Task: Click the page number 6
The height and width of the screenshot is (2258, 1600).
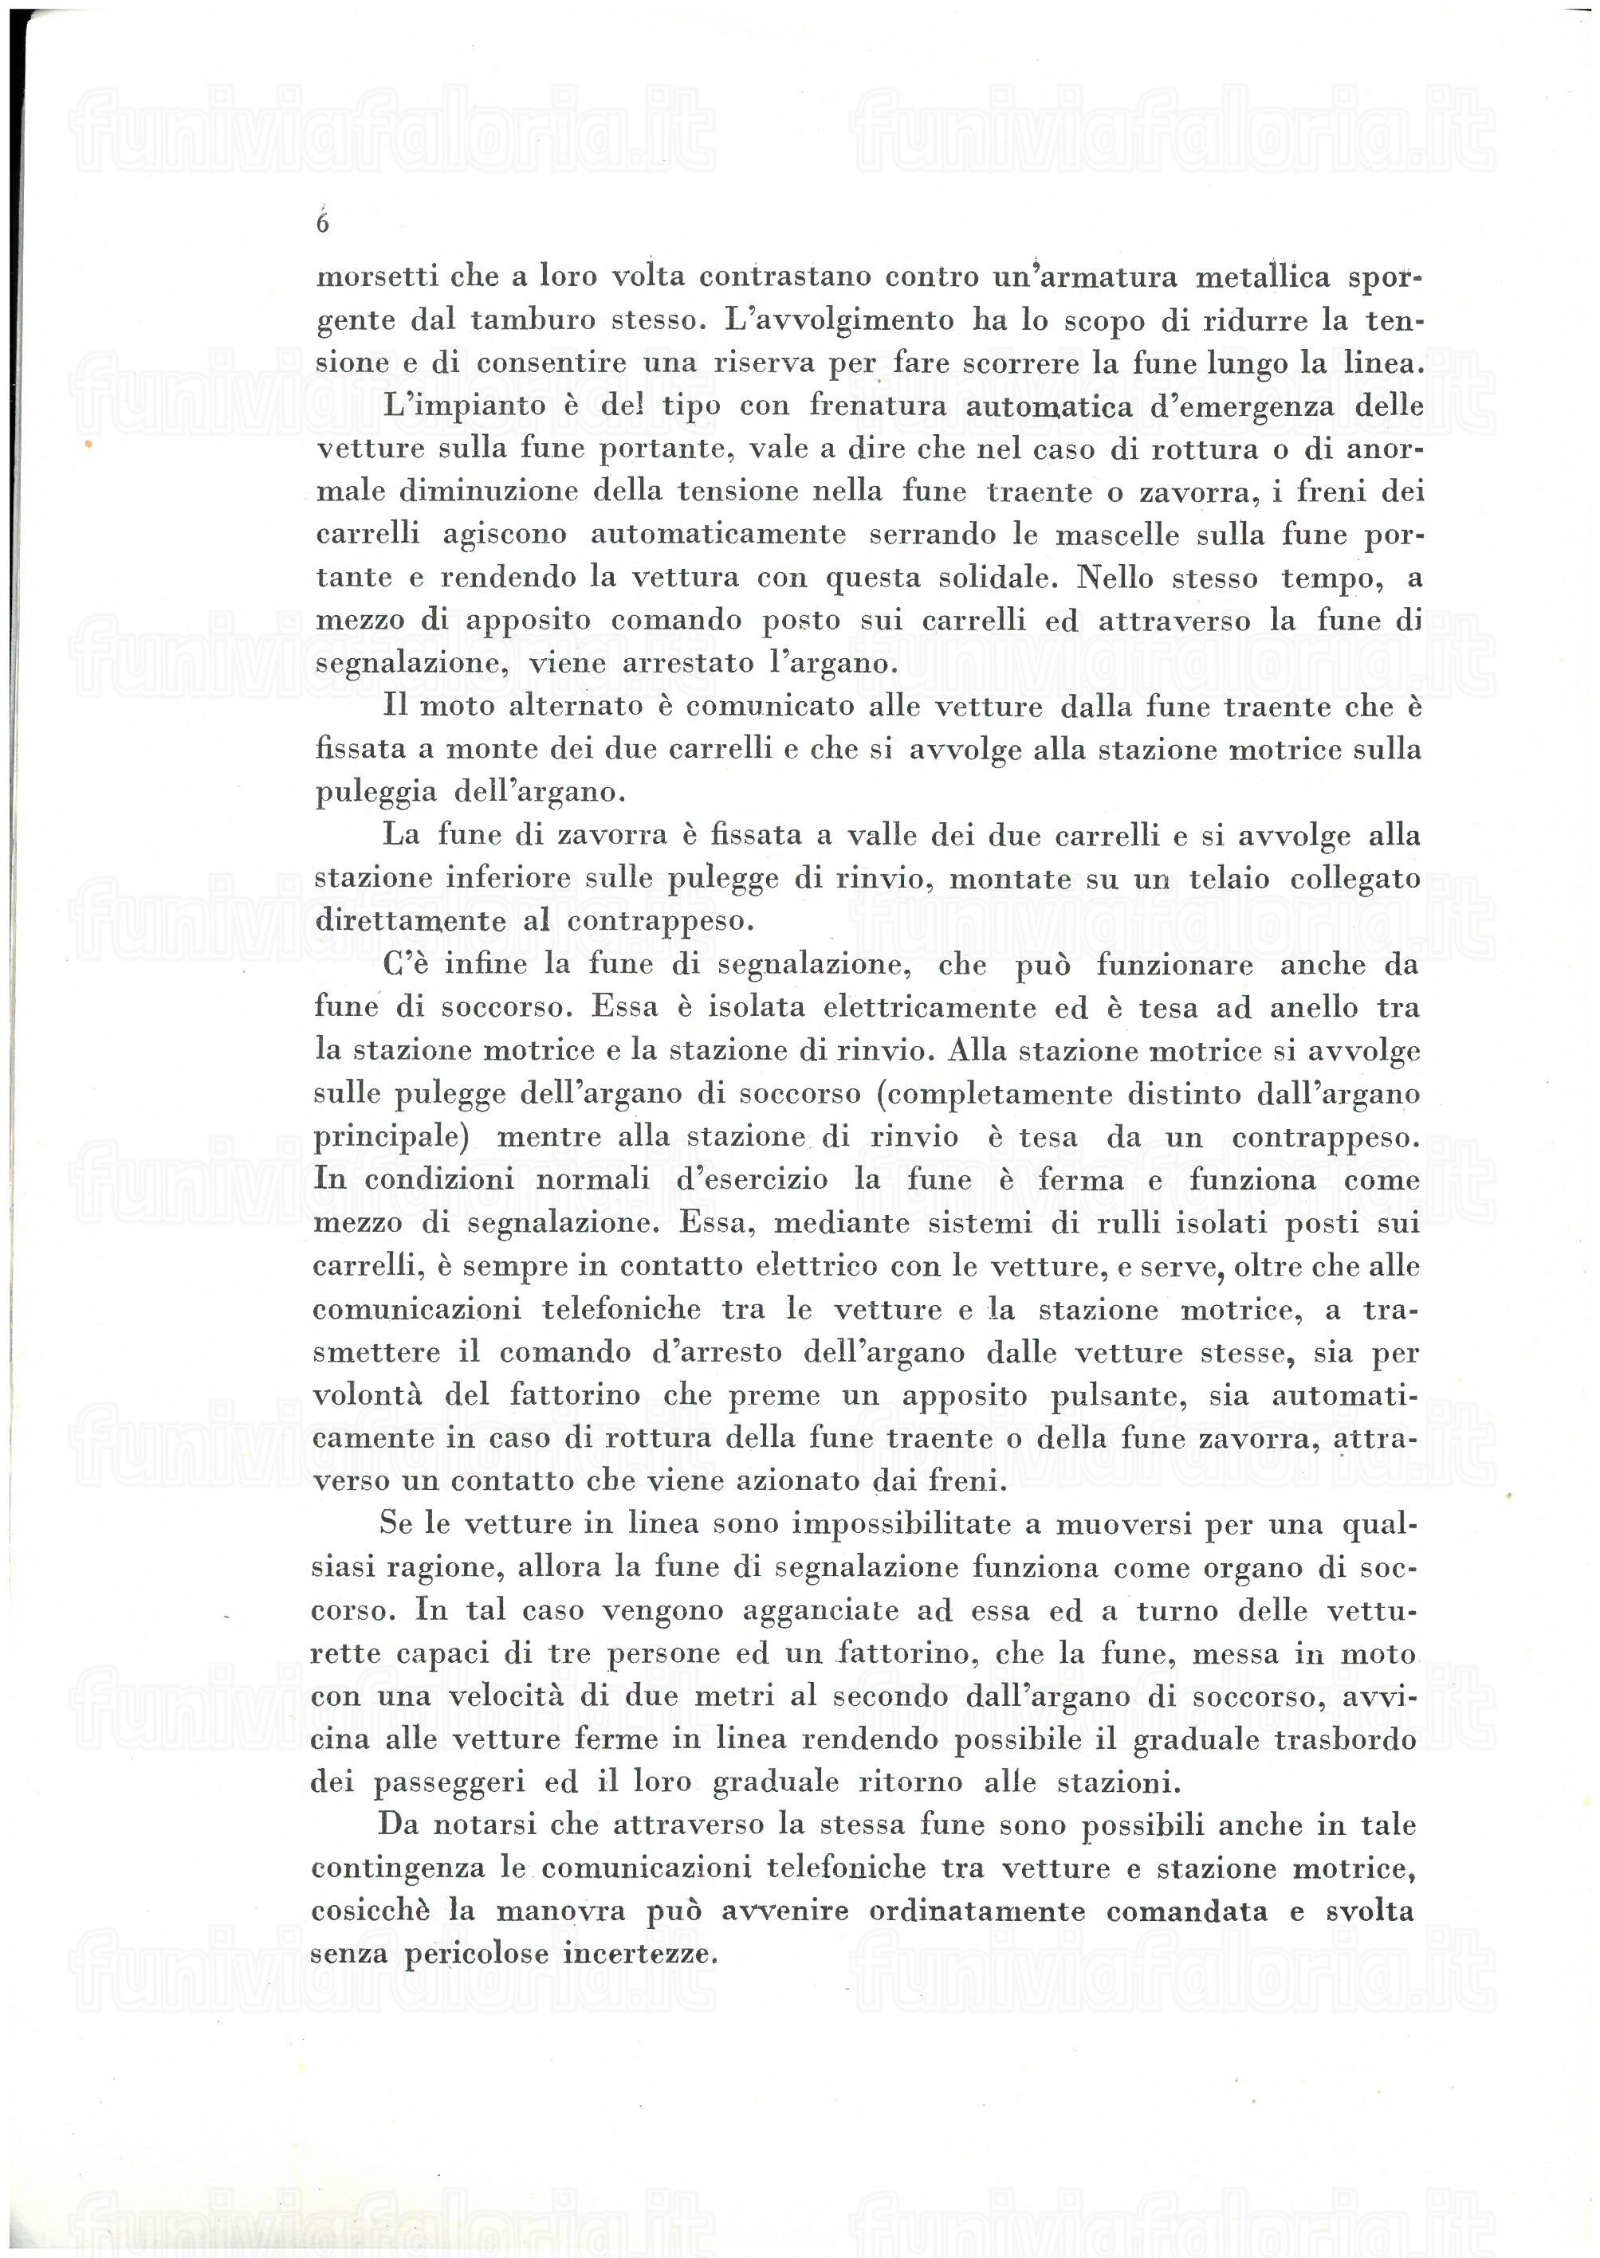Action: (x=322, y=224)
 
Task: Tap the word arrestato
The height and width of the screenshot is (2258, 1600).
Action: (x=688, y=663)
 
